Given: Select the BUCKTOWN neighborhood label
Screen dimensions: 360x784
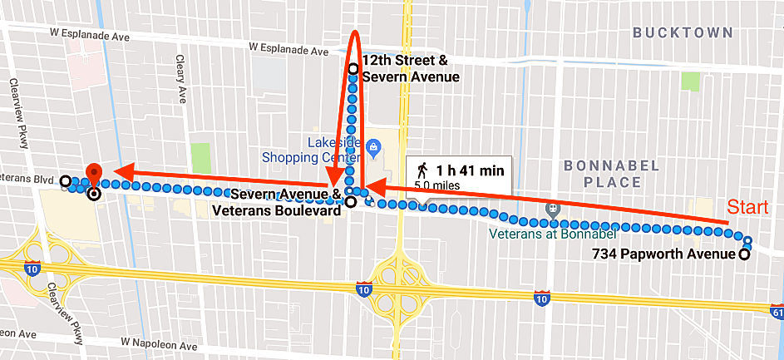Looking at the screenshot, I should click(x=683, y=32).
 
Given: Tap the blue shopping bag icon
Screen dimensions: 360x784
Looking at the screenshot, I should click(x=373, y=149).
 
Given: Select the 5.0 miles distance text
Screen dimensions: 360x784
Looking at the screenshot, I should click(x=433, y=186).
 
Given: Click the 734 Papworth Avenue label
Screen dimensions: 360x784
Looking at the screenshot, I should click(x=663, y=254).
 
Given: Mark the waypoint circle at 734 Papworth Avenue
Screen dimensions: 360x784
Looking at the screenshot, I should click(x=743, y=254).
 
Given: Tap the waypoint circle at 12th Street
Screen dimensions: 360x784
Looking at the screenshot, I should click(x=353, y=69).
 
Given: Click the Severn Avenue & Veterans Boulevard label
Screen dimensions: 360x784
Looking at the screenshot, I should click(x=285, y=202).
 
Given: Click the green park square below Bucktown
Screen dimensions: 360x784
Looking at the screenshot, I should click(x=689, y=81).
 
